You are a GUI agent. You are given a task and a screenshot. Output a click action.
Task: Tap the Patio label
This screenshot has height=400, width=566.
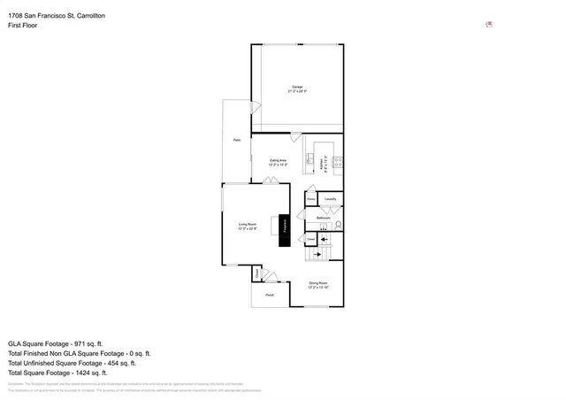click(x=236, y=141)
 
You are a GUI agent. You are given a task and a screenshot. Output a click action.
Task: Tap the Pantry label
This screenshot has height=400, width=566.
click(x=310, y=200)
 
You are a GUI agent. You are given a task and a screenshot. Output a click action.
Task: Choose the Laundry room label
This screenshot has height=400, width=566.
click(x=330, y=200)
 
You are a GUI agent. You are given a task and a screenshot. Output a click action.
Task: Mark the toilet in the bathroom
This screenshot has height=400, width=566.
click(x=337, y=225)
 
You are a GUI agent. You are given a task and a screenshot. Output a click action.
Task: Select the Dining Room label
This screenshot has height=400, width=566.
click(x=318, y=285)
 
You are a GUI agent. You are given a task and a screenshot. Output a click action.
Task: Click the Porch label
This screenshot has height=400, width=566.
click(x=270, y=295)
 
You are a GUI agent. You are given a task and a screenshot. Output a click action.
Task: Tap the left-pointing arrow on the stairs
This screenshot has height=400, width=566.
click(x=323, y=239)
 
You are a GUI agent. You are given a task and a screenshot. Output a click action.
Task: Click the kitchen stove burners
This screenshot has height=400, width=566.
click(x=339, y=161)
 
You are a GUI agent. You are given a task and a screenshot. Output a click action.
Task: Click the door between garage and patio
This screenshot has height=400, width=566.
click(x=256, y=108)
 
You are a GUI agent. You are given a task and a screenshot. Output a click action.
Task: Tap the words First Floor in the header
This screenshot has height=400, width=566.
click(x=22, y=26)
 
